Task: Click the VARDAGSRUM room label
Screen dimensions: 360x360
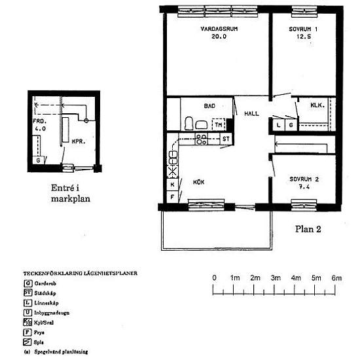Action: coord(213,29)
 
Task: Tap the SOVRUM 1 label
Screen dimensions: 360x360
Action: coord(303,29)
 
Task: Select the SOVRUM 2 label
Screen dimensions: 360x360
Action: coord(304,179)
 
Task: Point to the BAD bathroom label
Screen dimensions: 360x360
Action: coord(209,106)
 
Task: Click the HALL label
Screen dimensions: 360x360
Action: coord(251,113)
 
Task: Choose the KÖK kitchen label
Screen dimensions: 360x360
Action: coord(199,182)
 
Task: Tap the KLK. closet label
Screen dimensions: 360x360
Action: coord(319,105)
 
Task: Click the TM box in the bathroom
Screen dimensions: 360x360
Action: coord(218,124)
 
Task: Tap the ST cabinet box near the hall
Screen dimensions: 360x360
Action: coord(226,139)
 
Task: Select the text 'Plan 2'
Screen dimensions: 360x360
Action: coord(306,228)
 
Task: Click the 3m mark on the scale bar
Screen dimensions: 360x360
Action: coord(276,278)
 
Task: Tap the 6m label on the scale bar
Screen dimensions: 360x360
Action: coord(336,278)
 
